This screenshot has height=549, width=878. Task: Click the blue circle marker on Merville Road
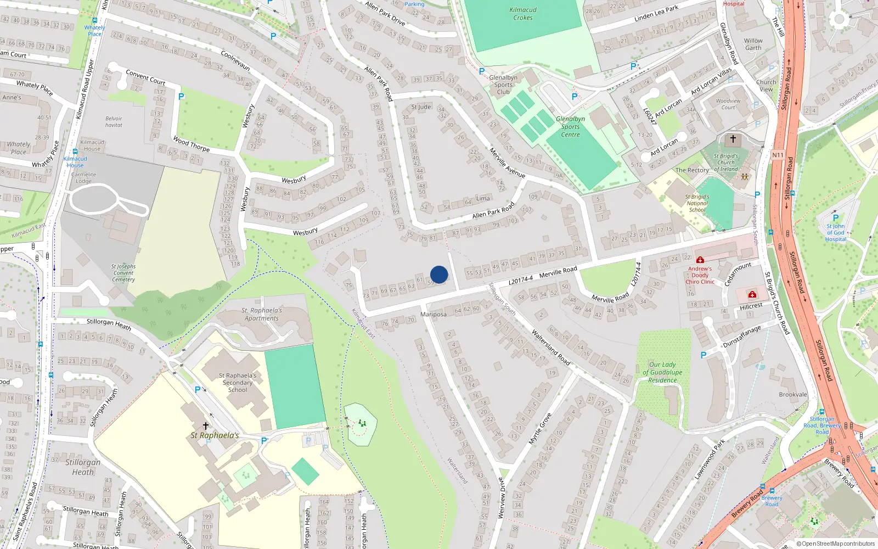(439, 274)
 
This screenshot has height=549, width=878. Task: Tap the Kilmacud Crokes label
(523, 14)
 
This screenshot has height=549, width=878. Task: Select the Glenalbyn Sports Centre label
(570, 126)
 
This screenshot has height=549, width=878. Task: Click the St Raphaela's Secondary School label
(238, 383)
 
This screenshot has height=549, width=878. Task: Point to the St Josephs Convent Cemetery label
(123, 273)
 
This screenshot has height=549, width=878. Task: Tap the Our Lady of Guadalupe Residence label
(662, 372)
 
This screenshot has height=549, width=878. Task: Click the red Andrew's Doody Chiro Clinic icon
(700, 260)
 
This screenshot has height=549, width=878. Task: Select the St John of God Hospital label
(835, 232)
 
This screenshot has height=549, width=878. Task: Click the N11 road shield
(778, 155)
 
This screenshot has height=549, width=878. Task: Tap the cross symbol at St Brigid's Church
(733, 139)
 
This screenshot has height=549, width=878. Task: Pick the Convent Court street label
(145, 77)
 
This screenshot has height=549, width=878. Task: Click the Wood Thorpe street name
(191, 144)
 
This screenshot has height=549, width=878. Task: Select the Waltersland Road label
(550, 347)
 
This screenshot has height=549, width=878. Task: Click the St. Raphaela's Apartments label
(262, 314)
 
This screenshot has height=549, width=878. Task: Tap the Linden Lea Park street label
(656, 14)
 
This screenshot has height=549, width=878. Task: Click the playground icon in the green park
(362, 423)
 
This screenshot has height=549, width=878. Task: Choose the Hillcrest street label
(751, 306)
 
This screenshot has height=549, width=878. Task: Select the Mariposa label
(434, 315)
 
